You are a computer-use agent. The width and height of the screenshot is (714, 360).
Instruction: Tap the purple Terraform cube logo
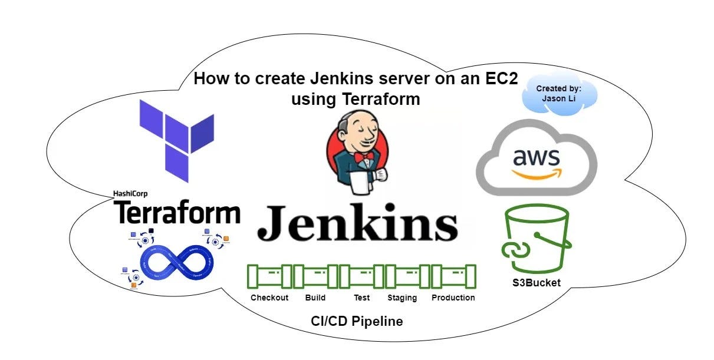(x=176, y=140)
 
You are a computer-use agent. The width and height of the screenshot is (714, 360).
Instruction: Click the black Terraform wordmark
(x=177, y=212)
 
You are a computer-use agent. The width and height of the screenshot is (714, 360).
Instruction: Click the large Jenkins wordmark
(x=357, y=224)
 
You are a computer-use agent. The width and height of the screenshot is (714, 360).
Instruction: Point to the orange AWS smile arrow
(x=537, y=173)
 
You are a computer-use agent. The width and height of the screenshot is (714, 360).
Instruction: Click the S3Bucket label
(x=536, y=283)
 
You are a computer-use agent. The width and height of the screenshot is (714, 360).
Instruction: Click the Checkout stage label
(x=269, y=298)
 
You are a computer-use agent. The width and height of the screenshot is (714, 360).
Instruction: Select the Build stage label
(x=315, y=298)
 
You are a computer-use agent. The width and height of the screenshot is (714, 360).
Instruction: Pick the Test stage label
(x=361, y=298)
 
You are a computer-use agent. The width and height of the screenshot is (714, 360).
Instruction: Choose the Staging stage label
(x=402, y=298)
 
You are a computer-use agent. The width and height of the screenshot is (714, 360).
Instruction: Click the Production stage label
(x=453, y=298)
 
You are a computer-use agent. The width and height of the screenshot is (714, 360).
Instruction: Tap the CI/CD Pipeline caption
(x=357, y=322)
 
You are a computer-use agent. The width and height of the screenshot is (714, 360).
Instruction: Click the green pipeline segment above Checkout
(x=269, y=276)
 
